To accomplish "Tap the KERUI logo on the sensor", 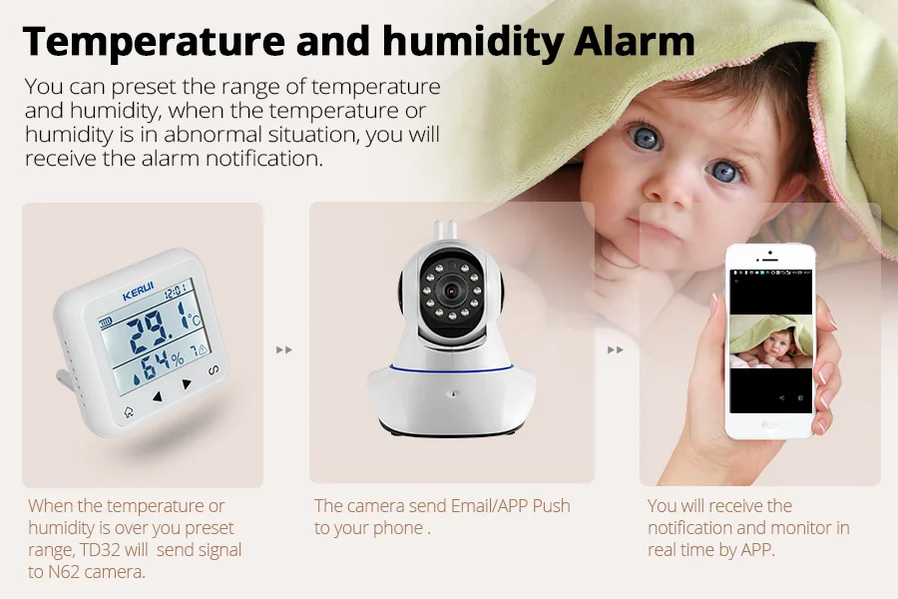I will click(x=138, y=295).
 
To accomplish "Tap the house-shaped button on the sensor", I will click(x=128, y=412).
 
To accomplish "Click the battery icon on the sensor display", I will click(x=106, y=322).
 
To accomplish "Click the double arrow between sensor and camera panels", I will click(x=284, y=349).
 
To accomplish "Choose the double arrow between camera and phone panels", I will click(x=616, y=349).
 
